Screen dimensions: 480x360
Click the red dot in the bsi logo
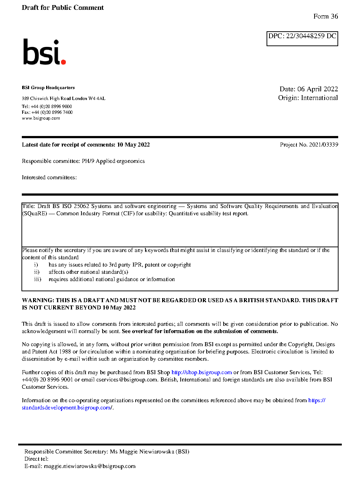click(x=64, y=62)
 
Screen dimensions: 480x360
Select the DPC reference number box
click(x=302, y=39)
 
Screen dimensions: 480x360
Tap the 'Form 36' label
click(x=325, y=16)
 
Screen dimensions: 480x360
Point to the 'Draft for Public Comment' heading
click(x=63, y=8)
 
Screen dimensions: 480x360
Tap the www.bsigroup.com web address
click(x=41, y=118)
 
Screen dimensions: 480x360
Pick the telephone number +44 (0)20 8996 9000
click(x=51, y=107)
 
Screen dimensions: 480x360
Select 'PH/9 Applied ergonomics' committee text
click(x=113, y=161)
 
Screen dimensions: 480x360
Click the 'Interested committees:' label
click(x=49, y=177)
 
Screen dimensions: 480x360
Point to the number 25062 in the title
click(x=81, y=206)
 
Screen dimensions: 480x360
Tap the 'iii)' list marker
click(x=37, y=279)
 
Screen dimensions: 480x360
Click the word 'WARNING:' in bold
click(x=38, y=300)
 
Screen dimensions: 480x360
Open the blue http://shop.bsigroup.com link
click(x=201, y=372)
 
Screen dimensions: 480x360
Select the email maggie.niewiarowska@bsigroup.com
click(x=89, y=466)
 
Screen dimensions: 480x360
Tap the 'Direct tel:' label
click(x=36, y=459)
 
